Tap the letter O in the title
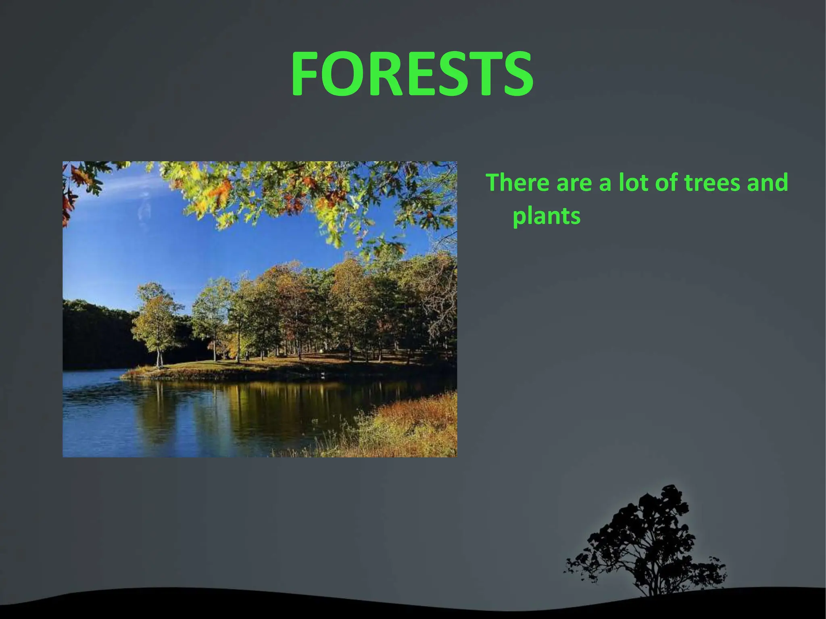pyautogui.click(x=347, y=75)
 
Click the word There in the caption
pyautogui.click(x=517, y=182)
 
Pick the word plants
pyautogui.click(x=546, y=217)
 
